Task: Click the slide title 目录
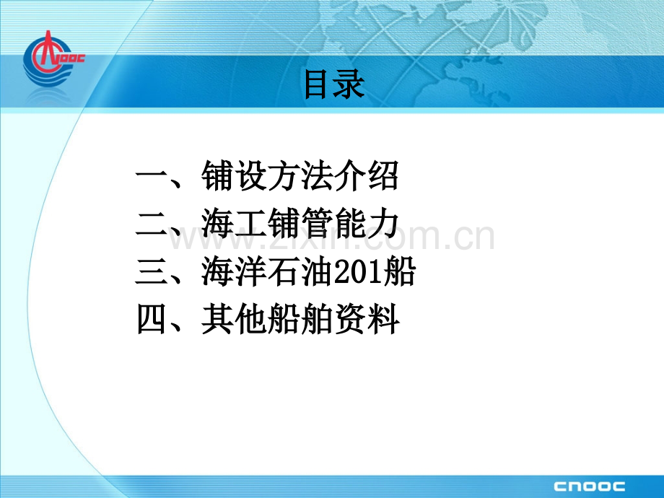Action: click(334, 85)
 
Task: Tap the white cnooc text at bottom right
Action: click(589, 485)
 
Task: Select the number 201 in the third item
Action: click(364, 274)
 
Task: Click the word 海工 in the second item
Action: click(234, 226)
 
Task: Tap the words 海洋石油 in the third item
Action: click(267, 274)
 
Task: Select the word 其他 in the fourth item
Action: click(234, 320)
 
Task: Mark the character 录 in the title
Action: click(351, 85)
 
